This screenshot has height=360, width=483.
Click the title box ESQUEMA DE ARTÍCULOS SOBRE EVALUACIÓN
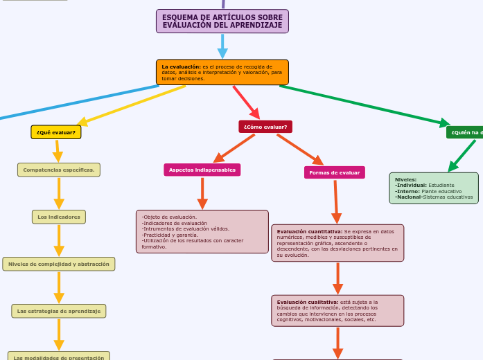222,21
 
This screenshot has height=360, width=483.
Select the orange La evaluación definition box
222,72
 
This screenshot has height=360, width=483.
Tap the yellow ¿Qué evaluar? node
56,132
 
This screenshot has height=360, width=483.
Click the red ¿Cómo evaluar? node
265,127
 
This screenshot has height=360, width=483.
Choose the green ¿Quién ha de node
465,132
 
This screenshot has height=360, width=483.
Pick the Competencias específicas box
59,170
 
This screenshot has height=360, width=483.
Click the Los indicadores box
59,217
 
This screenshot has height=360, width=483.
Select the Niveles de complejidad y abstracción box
59,264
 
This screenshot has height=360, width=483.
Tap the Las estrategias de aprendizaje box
59,311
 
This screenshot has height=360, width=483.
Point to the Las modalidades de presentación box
59,356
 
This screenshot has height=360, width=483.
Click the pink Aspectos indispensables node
202,170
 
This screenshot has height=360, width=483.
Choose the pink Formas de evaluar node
335,172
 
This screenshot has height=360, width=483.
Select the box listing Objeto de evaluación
202,232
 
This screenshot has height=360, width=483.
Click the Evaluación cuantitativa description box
337,242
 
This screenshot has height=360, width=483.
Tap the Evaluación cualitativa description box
337,311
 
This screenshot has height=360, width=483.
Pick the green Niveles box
434,188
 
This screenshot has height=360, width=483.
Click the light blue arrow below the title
222,46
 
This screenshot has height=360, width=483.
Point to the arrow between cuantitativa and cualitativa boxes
337,278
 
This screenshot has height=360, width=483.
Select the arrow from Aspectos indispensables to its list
202,193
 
